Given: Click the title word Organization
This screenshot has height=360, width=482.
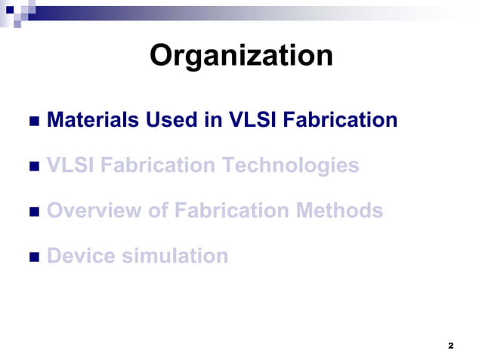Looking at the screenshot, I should (241, 56).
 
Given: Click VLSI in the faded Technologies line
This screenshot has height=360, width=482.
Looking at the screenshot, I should (68, 165).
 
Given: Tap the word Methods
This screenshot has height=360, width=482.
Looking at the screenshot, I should (344, 211).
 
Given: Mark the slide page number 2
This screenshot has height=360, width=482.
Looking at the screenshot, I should (450, 346).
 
